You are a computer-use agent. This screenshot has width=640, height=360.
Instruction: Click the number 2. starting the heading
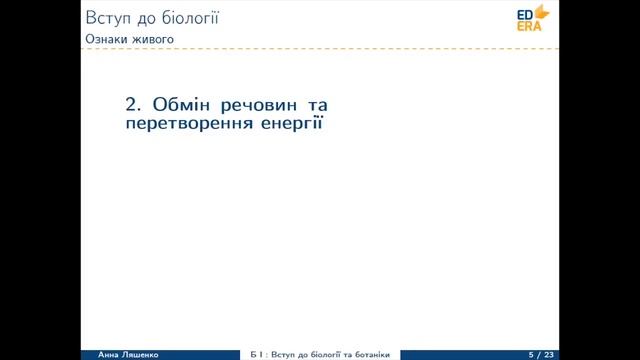tap(133, 105)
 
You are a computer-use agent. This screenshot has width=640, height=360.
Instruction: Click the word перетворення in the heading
tap(190, 127)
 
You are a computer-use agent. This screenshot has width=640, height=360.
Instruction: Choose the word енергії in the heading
tap(295, 127)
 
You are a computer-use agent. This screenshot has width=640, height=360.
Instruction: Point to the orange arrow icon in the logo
tap(543, 12)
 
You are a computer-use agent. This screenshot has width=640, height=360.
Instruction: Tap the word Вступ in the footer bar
tap(281, 355)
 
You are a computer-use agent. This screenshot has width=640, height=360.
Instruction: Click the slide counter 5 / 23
tap(540, 355)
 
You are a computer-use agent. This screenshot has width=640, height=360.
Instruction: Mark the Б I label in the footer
tap(257, 355)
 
